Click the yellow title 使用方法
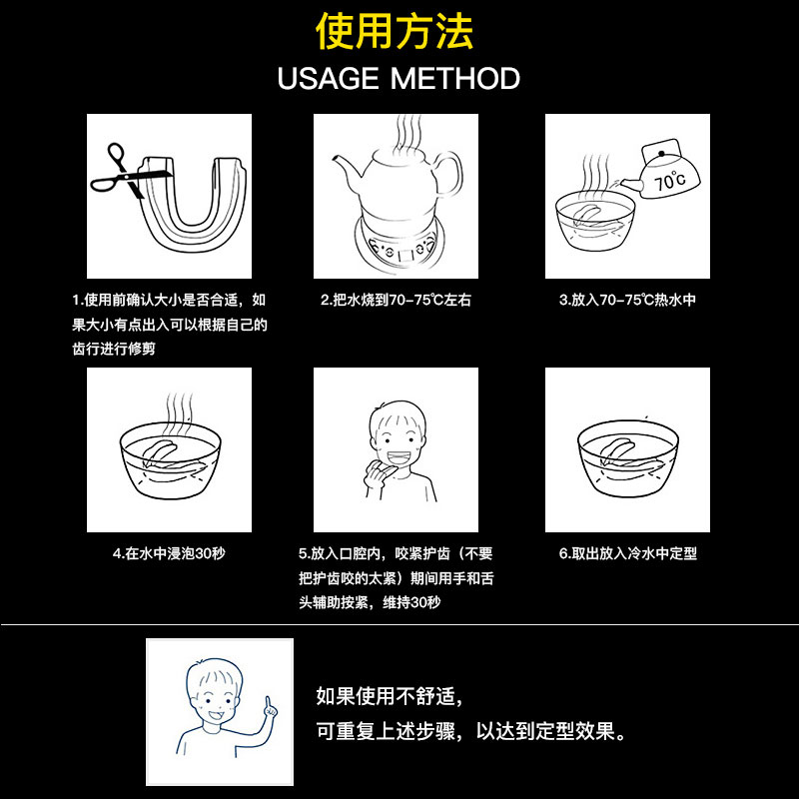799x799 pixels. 395,32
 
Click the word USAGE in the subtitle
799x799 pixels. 329,79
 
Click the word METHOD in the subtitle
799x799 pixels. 455,79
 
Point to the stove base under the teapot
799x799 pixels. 399,246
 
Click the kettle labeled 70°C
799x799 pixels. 662,172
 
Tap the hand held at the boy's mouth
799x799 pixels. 377,477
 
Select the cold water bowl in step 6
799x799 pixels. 628,458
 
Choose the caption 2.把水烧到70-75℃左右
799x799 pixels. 396,301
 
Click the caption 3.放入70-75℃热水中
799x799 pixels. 628,301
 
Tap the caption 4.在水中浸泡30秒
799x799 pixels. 169,553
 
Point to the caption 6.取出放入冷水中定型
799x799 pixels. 628,553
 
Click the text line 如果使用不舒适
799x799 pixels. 390,696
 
